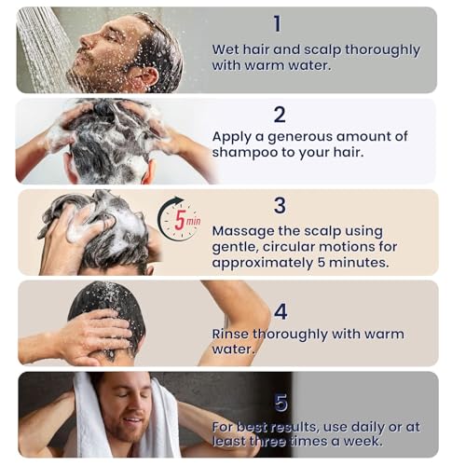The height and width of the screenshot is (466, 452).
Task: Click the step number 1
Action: (x=276, y=22)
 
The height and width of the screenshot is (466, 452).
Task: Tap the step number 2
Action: (x=279, y=115)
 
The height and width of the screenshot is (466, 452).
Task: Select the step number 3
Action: (x=280, y=205)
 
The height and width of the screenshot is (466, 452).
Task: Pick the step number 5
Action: (x=281, y=403)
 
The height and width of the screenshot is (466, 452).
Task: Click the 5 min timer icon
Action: (x=178, y=219)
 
